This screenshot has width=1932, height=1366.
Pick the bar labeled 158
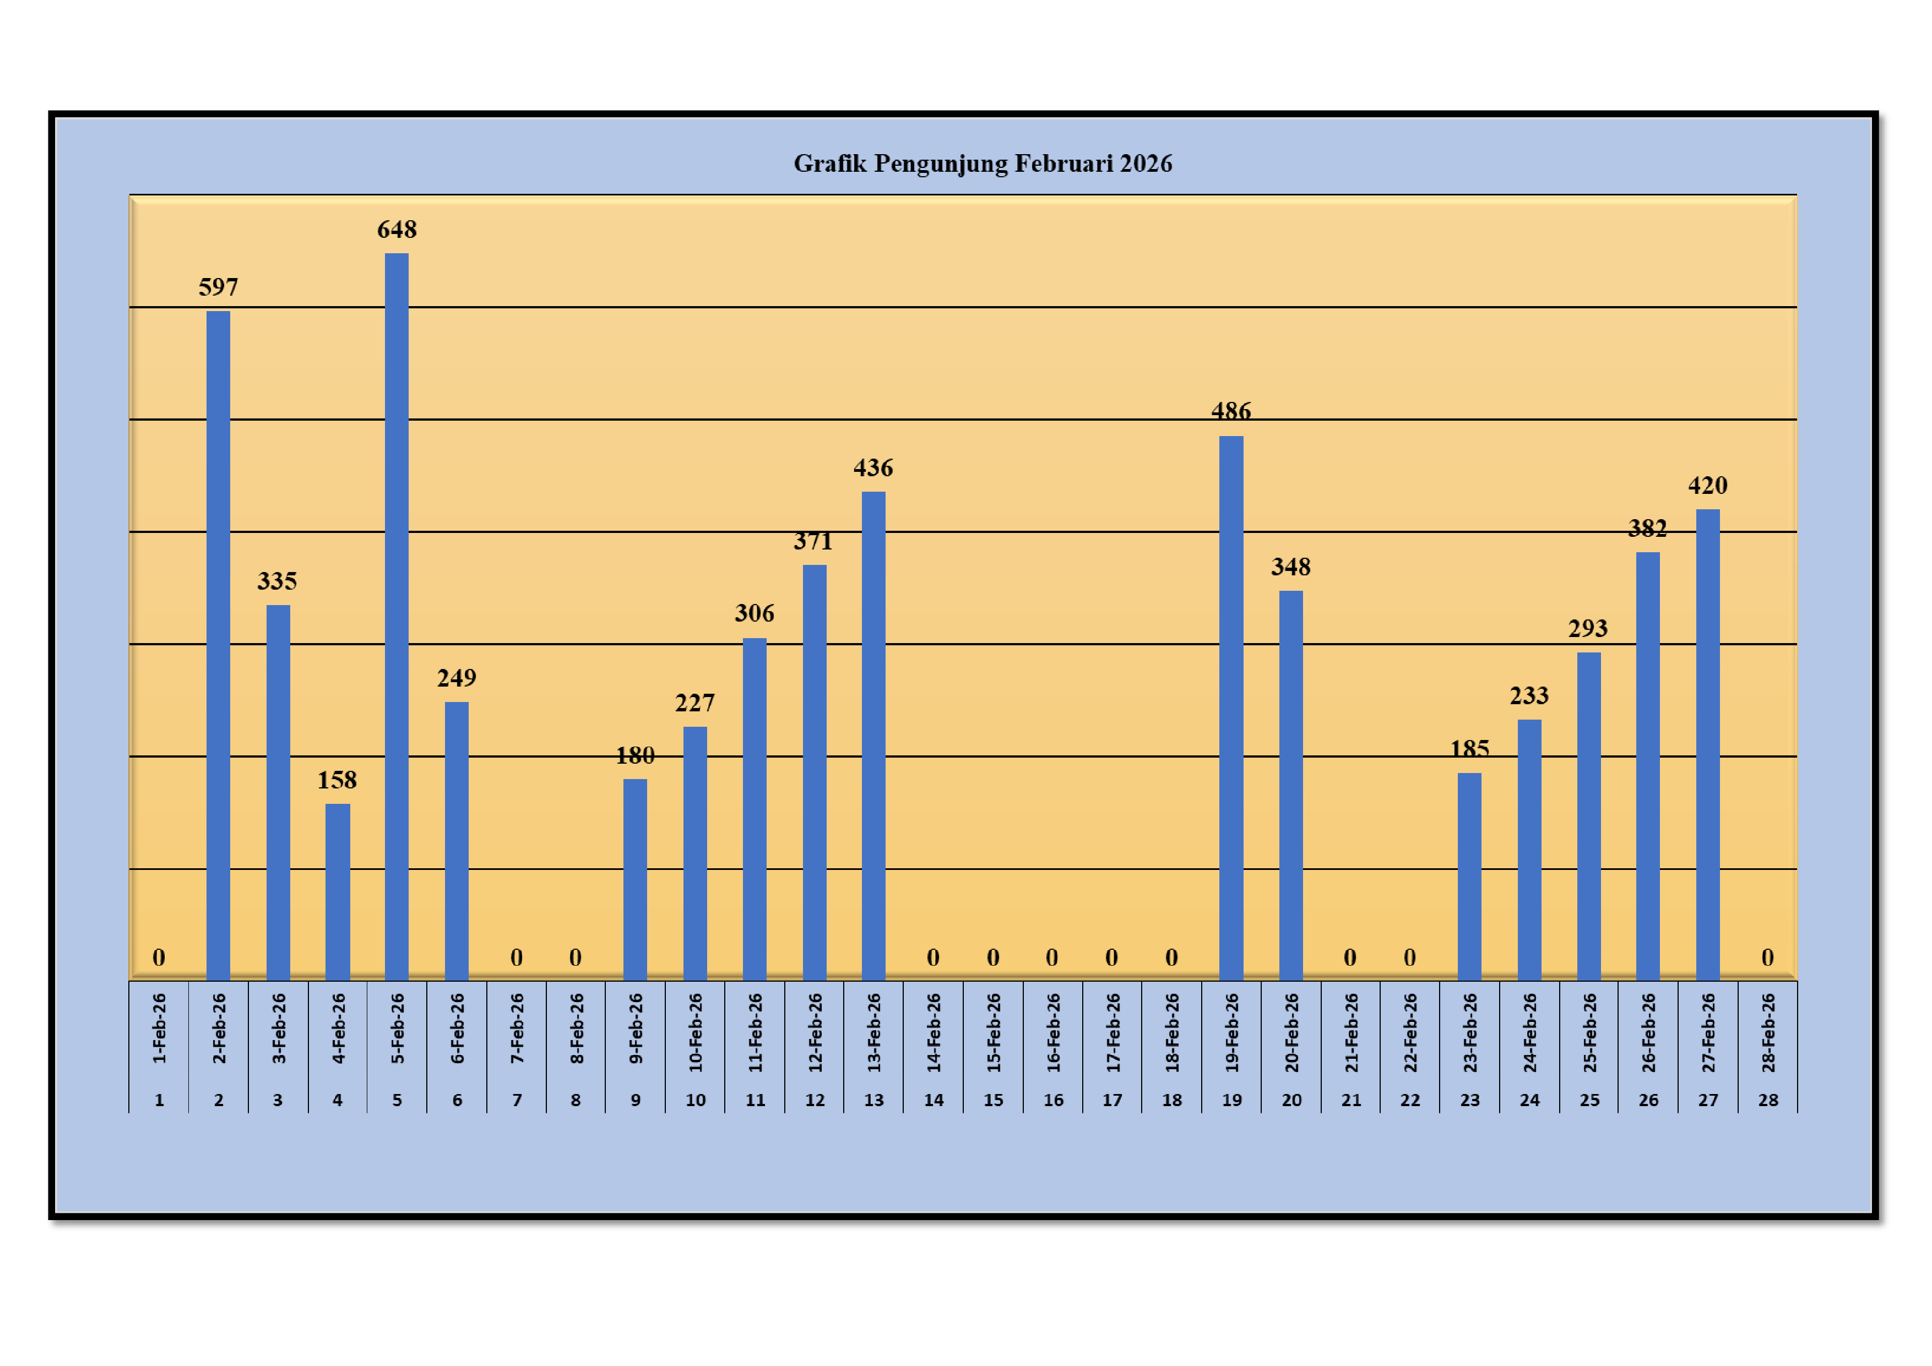[338, 891]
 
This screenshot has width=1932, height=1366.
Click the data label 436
[872, 467]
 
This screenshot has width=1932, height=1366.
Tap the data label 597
[218, 287]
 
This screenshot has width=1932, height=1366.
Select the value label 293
[1588, 628]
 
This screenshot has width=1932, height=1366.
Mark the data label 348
[1290, 567]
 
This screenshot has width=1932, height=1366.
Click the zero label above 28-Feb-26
[1767, 957]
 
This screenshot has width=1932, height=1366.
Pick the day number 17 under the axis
[1111, 1100]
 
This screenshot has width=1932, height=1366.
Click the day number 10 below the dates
[695, 1100]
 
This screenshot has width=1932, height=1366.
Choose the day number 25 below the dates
[1589, 1100]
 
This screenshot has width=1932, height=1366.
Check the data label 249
[456, 678]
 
